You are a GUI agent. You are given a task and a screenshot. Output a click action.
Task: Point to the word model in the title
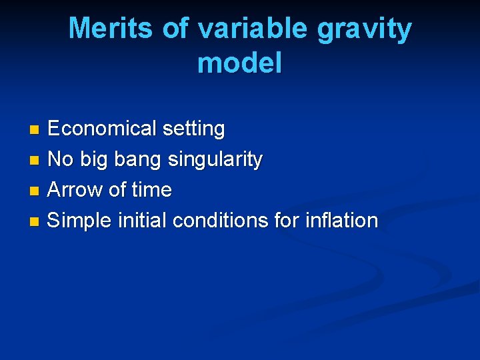click(240, 63)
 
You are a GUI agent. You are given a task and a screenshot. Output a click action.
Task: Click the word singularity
click(215, 160)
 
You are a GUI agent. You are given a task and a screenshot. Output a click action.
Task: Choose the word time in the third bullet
click(151, 190)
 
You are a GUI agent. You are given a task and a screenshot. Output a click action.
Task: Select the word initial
click(143, 221)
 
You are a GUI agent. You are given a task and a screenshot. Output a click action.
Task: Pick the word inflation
click(345, 221)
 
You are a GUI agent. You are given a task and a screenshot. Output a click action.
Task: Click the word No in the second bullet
click(61, 159)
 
